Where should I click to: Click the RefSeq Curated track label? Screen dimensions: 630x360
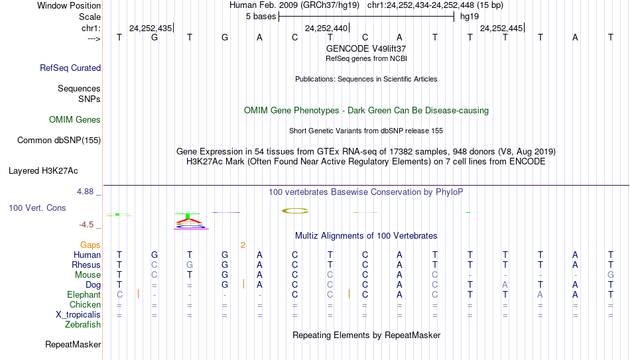[70, 68]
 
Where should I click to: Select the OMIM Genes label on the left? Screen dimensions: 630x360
[75, 120]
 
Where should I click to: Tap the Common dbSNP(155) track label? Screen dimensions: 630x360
[59, 141]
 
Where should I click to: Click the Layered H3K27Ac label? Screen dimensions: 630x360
[43, 171]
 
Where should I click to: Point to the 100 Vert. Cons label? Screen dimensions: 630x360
[37, 208]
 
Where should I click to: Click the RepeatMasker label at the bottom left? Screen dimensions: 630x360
[73, 344]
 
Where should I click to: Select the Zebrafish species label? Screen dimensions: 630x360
[83, 324]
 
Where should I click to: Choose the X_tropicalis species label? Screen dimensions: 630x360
[78, 315]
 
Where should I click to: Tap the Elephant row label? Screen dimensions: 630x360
[84, 294]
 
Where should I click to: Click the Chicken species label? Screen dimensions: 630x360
[85, 304]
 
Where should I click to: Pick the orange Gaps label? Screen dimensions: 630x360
[90, 245]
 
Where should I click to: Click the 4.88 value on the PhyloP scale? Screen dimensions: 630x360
[85, 192]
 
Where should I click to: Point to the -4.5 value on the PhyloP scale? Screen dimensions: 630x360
[86, 225]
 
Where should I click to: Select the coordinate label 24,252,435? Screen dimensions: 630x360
[151, 28]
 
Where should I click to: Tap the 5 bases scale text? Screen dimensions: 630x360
[261, 17]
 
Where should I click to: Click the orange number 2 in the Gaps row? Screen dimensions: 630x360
[243, 245]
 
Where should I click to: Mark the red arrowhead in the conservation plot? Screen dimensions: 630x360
[188, 219]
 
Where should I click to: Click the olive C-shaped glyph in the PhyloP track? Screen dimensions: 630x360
[295, 211]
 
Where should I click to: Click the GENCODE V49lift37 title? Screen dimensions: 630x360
[366, 48]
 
